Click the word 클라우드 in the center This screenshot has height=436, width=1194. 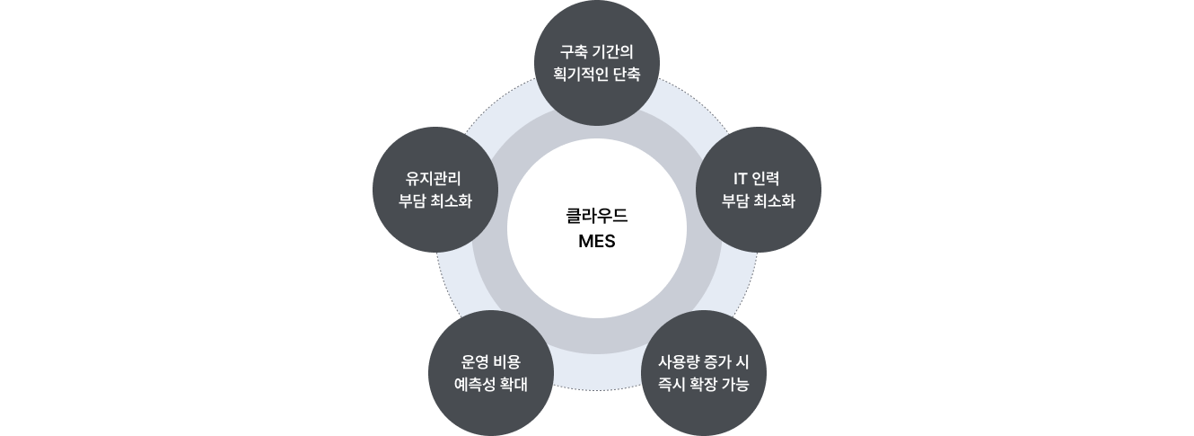(x=596, y=216)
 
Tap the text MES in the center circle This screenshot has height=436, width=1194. (x=596, y=241)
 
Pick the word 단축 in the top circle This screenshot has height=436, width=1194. (x=628, y=75)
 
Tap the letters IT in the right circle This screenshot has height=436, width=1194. (x=740, y=178)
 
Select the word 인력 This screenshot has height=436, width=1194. (x=766, y=178)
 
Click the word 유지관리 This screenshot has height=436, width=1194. (x=434, y=178)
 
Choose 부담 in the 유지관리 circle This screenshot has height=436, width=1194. (x=412, y=201)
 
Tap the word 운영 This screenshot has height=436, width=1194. (x=474, y=361)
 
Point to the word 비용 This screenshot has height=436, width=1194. (x=507, y=361)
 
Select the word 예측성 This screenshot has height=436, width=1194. (x=474, y=385)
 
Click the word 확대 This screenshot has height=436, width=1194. (x=514, y=385)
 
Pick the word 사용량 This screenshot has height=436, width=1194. (x=678, y=361)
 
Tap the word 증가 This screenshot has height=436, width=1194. (x=717, y=361)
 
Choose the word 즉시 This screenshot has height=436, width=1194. (x=672, y=385)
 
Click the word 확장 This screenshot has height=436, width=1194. (x=704, y=385)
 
